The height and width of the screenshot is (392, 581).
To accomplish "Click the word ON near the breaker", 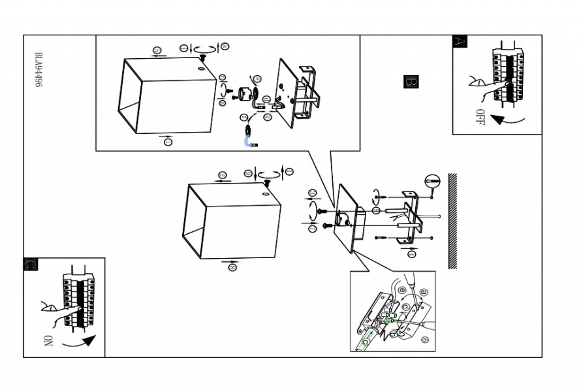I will (x=48, y=341).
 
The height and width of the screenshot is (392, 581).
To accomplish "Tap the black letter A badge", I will (x=460, y=41).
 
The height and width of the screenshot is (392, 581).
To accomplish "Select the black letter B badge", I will (x=411, y=82).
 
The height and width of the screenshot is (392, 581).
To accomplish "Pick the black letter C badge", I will (x=30, y=265).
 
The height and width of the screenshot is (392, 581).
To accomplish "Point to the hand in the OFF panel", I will (x=480, y=84).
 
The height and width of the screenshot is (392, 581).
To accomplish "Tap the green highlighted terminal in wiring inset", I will (x=387, y=321).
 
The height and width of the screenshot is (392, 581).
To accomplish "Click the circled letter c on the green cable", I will (x=366, y=340).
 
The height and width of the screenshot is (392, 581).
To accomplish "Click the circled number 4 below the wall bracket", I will (x=411, y=252).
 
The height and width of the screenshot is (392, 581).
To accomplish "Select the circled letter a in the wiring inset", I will (x=423, y=291).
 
